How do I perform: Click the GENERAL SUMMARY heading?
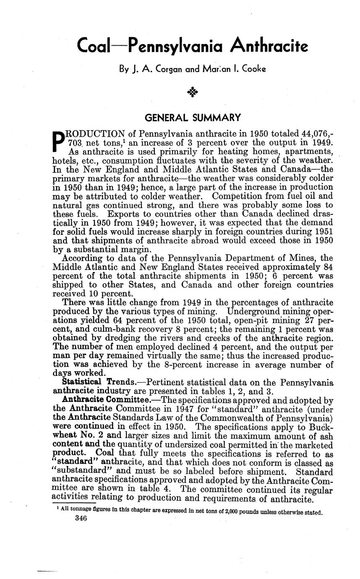click(193, 117)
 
